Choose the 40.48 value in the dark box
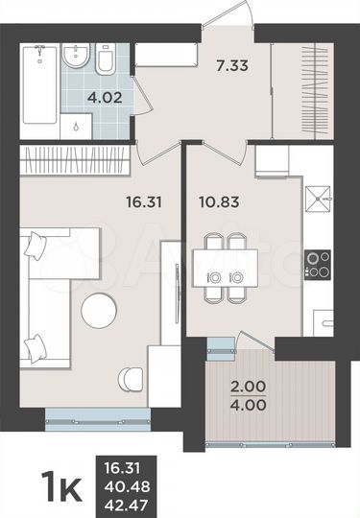click(130, 481)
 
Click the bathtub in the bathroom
click(39, 91)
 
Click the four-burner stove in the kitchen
click(317, 263)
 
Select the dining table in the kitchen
click(225, 261)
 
